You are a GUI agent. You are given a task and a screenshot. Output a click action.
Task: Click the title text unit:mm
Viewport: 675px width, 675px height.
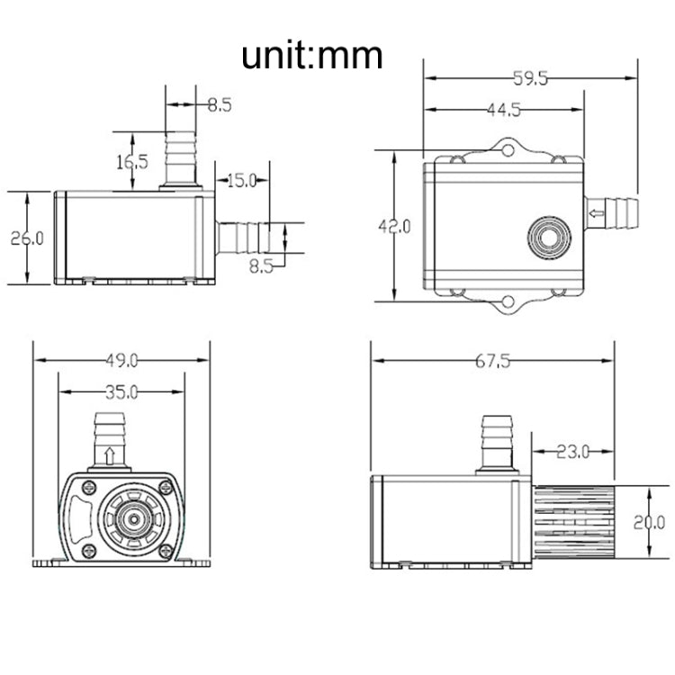coord(311,55)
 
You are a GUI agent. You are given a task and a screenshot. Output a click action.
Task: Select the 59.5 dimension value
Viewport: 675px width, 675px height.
coord(530,78)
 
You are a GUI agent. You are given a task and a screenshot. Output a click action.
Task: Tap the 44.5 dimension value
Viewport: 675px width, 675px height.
coord(503,111)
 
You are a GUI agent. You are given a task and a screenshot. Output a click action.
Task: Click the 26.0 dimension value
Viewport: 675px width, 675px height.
coord(27,238)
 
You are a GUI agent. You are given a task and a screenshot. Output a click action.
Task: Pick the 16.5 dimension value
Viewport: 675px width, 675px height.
coord(132,162)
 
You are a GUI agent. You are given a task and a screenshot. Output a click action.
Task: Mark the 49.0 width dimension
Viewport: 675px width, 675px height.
coord(121,361)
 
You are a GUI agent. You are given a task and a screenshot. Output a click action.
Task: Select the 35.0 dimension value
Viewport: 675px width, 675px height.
coord(121,392)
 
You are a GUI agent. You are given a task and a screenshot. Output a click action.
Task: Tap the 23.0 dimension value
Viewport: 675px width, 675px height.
coord(572,450)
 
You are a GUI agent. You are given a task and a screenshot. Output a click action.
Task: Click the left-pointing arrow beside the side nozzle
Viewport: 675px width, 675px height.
coord(596,213)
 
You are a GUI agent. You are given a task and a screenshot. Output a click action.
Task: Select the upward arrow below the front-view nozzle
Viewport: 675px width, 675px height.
coord(109,454)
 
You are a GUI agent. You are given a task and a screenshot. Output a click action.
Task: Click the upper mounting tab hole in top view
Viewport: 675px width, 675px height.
coord(508,148)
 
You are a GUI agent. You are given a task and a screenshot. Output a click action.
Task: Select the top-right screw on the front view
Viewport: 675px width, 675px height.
coord(166,487)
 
